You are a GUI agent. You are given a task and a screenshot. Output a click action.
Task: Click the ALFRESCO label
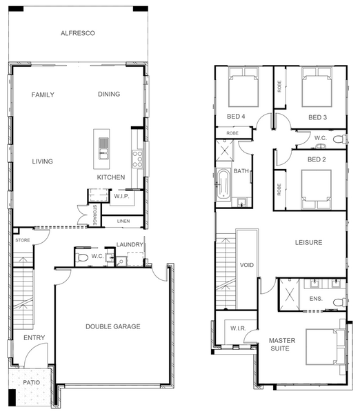(78, 33)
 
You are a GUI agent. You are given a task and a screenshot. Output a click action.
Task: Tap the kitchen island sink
(103, 148)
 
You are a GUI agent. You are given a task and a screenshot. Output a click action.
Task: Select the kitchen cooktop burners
(137, 159)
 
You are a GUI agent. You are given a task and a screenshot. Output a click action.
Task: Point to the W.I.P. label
(121, 197)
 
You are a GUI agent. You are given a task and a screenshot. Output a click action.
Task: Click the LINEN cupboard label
(123, 221)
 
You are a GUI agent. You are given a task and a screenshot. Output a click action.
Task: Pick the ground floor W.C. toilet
(81, 257)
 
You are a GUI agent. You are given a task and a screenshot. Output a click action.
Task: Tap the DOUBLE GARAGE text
(113, 326)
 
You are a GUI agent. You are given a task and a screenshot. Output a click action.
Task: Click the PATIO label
(32, 382)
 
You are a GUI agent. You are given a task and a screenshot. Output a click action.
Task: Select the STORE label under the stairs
(23, 240)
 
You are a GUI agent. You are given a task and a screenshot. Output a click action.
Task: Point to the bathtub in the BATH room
(223, 184)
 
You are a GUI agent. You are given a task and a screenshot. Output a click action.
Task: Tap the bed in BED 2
(316, 189)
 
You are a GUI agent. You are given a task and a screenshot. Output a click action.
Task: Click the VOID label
(247, 265)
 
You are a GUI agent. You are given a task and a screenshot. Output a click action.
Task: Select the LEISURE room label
(308, 242)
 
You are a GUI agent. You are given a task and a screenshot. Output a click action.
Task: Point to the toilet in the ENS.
(339, 302)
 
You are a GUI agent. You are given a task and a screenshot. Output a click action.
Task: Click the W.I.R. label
(238, 328)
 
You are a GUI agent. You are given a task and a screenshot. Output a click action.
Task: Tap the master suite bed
(326, 346)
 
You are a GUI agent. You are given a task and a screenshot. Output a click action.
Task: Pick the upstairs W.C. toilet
(339, 139)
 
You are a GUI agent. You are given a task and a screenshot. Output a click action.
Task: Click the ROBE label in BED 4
(232, 133)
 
